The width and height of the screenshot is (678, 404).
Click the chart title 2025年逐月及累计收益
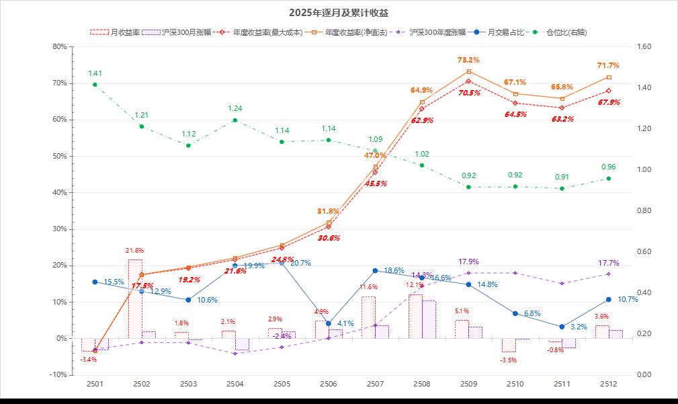[x=339, y=13]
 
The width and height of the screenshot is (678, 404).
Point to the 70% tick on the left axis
[x=59, y=83]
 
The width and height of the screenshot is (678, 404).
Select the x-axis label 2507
[x=375, y=384]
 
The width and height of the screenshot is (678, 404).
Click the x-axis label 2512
[x=609, y=384]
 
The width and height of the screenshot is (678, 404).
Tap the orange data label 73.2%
[x=468, y=60]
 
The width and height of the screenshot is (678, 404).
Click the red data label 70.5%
[x=469, y=93]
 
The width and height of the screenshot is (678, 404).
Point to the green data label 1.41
[x=95, y=73]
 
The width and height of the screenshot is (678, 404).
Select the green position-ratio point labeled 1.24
[x=235, y=120]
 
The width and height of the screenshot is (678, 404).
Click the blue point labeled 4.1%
[x=329, y=323]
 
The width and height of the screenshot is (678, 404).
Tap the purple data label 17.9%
[x=468, y=261]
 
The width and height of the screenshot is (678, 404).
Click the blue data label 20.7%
[x=300, y=263]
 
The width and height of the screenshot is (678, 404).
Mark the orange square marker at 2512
[x=609, y=77]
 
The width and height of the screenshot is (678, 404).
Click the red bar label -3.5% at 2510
[x=509, y=360]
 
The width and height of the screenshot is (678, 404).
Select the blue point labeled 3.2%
[x=562, y=327]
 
